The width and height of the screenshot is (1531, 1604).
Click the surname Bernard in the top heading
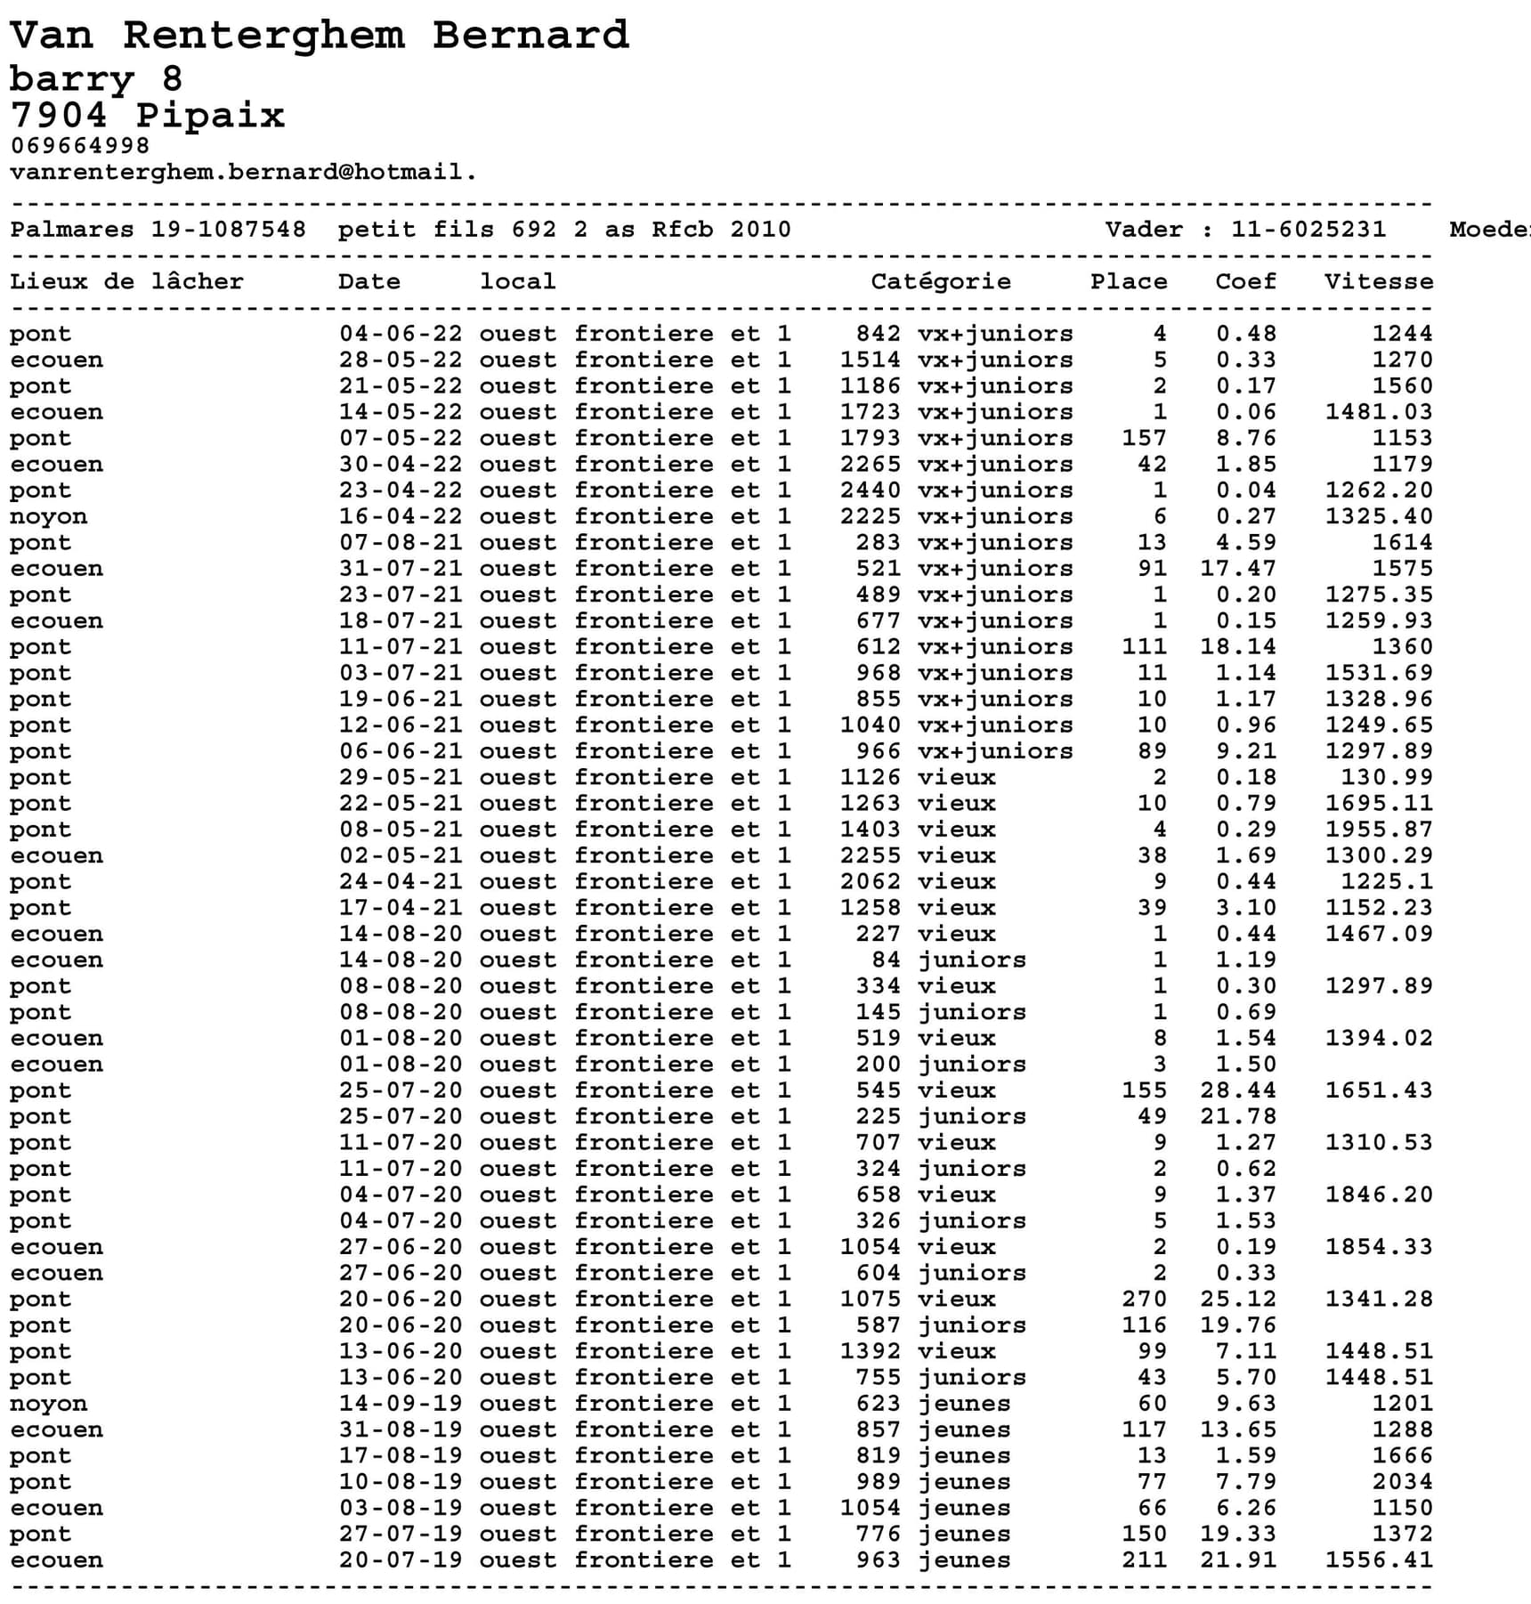pyautogui.click(x=531, y=36)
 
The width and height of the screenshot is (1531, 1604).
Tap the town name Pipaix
pyautogui.click(x=210, y=116)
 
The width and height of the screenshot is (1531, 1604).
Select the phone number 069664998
pyautogui.click(x=80, y=145)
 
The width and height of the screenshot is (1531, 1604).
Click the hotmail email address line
pyautogui.click(x=243, y=171)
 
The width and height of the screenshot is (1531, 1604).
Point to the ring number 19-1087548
pyautogui.click(x=228, y=230)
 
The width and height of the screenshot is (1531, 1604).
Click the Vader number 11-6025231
pyautogui.click(x=1308, y=230)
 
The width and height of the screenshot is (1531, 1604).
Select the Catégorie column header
pyautogui.click(x=940, y=281)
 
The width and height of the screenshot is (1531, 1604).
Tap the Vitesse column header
pyautogui.click(x=1378, y=281)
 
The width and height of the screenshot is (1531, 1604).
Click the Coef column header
pyautogui.click(x=1245, y=281)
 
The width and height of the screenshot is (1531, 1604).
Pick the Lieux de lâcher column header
pyautogui.click(x=126, y=281)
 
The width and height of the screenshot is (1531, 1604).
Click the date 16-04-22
pyautogui.click(x=401, y=516)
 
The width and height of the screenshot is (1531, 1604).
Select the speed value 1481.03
pyautogui.click(x=1378, y=412)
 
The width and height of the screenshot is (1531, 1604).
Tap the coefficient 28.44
pyautogui.click(x=1237, y=1090)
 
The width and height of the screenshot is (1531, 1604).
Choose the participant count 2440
pyautogui.click(x=871, y=490)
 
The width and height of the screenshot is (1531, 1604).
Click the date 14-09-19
pyautogui.click(x=401, y=1404)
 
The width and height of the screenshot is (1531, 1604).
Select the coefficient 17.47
pyautogui.click(x=1237, y=569)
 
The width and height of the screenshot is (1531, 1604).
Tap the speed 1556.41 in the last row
pyautogui.click(x=1378, y=1560)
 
